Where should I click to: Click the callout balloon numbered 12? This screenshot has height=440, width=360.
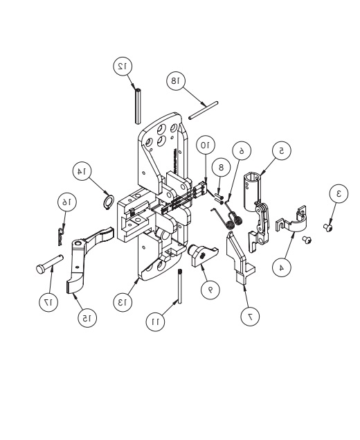[123, 66]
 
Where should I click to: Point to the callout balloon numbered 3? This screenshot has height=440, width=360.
[337, 195]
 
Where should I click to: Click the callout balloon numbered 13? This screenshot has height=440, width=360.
[123, 303]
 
